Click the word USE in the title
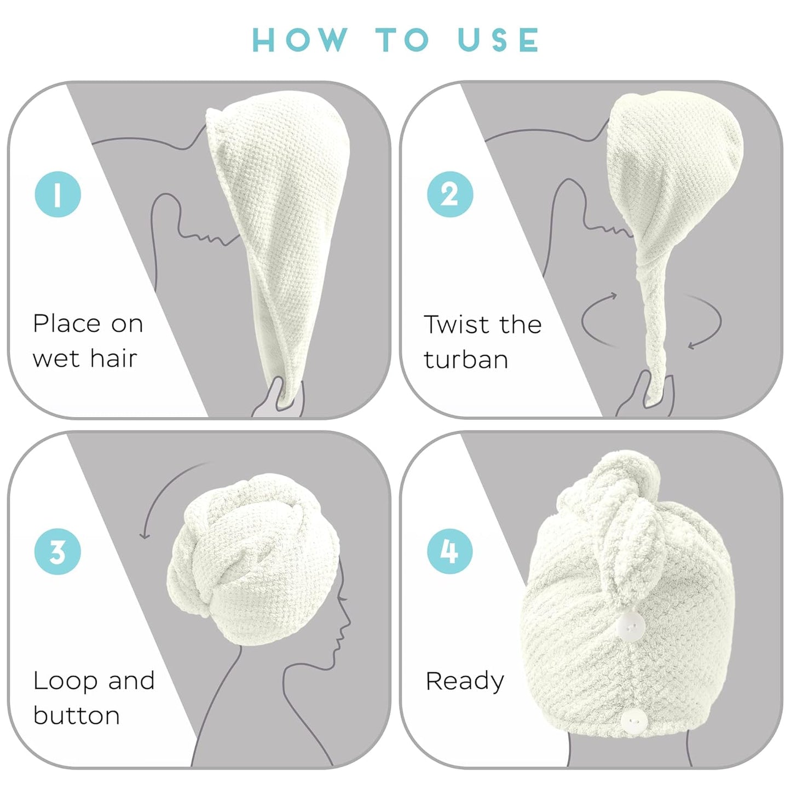tap(498, 40)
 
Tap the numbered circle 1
tap(58, 194)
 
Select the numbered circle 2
tap(450, 194)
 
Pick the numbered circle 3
tap(58, 551)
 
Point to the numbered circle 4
tap(450, 551)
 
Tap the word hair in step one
tap(113, 359)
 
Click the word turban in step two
tap(466, 360)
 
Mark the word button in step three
tap(77, 715)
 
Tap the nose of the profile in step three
tap(349, 624)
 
